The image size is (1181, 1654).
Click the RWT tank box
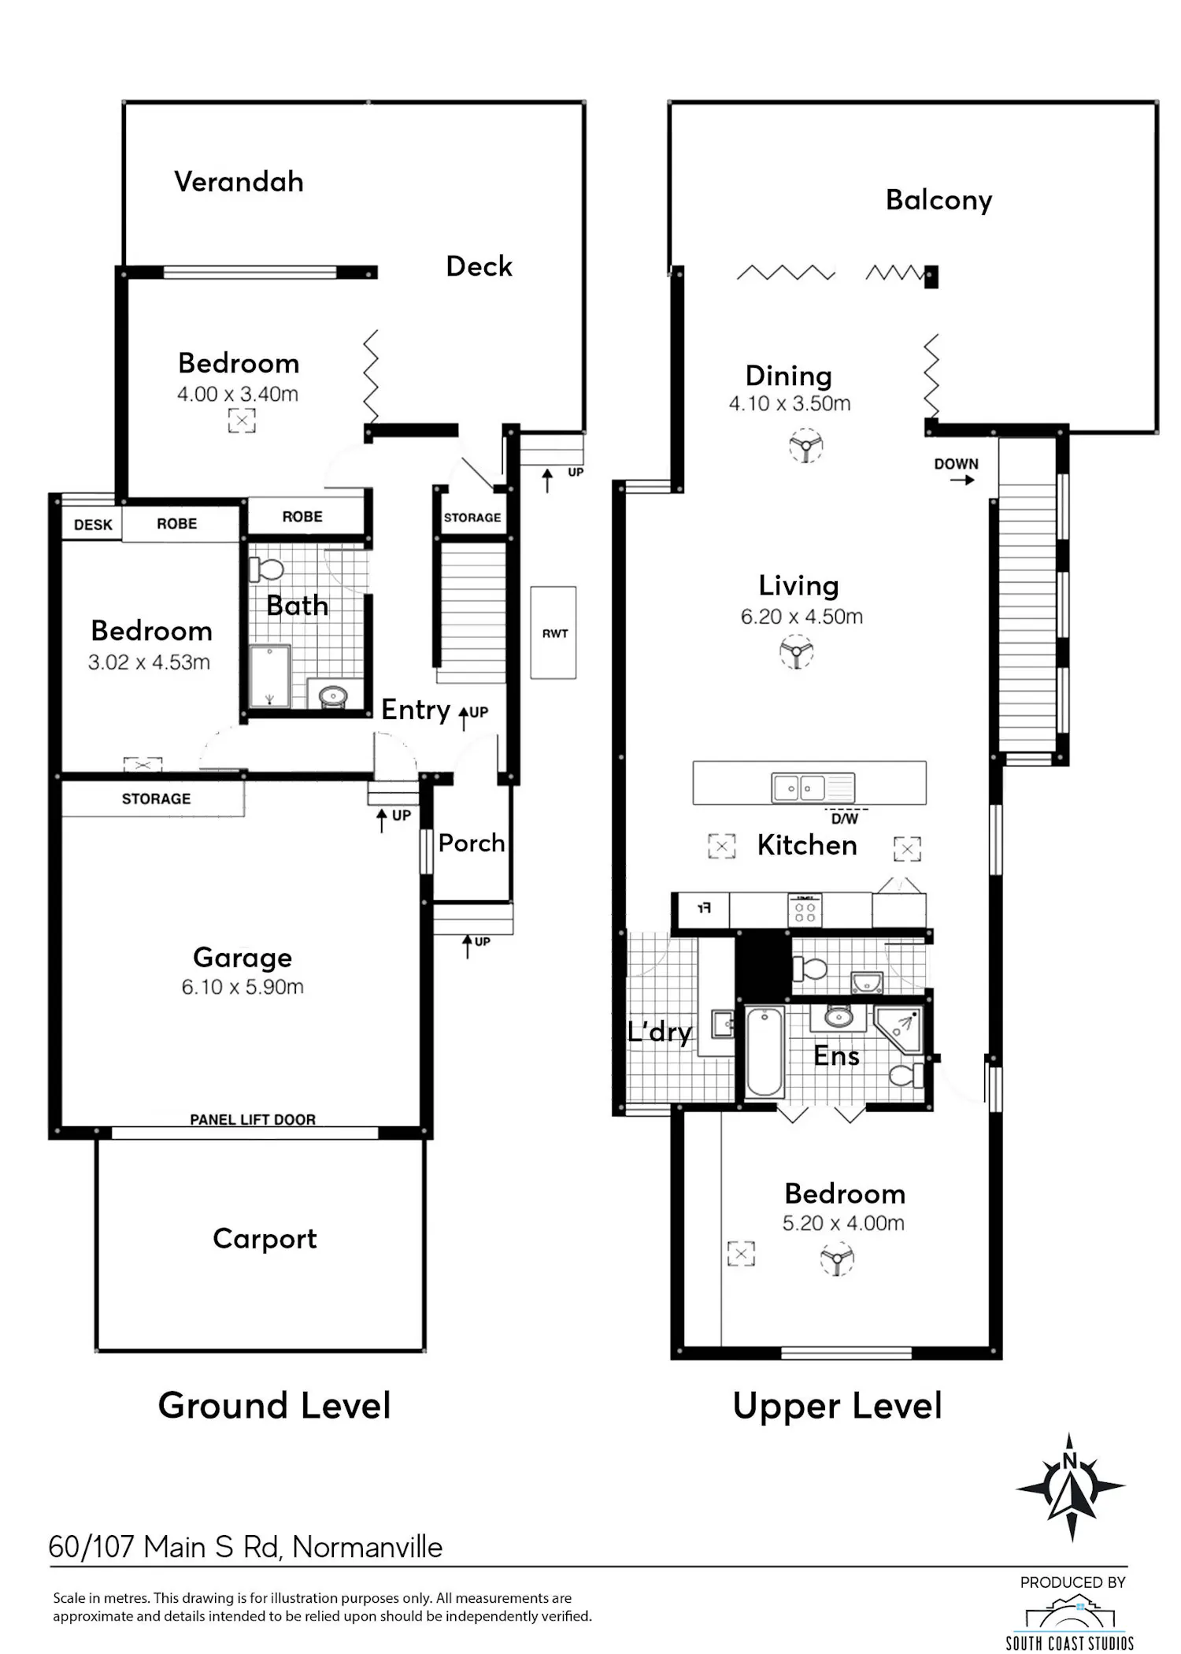click(x=553, y=632)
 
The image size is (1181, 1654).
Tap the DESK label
click(x=93, y=525)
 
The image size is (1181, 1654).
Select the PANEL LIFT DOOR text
click(x=253, y=1119)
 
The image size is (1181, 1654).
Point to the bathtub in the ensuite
click(x=765, y=1051)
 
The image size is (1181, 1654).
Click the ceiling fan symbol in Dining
click(x=805, y=446)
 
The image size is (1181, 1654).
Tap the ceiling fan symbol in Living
click(x=796, y=652)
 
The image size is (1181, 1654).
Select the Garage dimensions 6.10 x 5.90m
click(x=242, y=987)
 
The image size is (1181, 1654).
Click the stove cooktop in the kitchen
click(x=805, y=910)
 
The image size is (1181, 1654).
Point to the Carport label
click(x=265, y=1239)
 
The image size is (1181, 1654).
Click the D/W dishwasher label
click(x=845, y=819)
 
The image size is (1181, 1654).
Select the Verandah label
click(x=239, y=182)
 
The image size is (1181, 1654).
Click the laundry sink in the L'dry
click(x=723, y=1024)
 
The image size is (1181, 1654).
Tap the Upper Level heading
click(x=837, y=1406)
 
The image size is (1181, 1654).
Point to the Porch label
click(x=472, y=844)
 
